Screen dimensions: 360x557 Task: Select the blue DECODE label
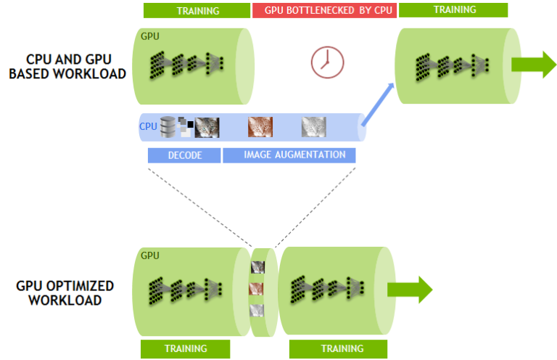point(183,155)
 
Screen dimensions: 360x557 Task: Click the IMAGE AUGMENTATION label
point(289,155)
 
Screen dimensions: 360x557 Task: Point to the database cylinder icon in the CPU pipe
point(168,128)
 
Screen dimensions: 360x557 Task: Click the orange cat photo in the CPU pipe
point(260,128)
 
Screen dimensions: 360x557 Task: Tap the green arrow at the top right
point(533,65)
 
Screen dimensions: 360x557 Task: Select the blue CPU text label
point(148,127)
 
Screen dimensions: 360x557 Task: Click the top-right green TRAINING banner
point(453,10)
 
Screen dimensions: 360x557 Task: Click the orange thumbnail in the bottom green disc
point(257,289)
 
